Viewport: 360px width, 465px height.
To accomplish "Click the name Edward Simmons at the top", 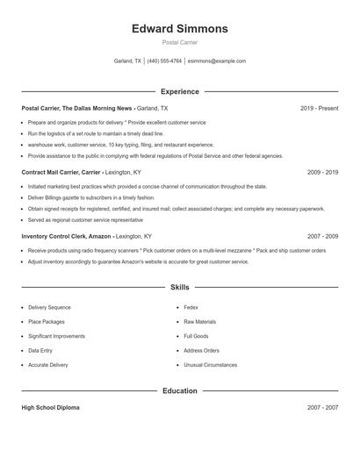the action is click(x=179, y=29).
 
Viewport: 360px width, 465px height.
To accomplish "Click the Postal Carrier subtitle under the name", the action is click(x=179, y=44).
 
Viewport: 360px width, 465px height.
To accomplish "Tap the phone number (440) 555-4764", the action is click(x=164, y=61).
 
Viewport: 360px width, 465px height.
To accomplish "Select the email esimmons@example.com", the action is click(x=217, y=61).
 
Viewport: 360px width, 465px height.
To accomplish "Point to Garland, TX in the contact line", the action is click(x=127, y=61).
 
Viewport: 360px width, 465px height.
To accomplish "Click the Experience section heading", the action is click(x=179, y=91).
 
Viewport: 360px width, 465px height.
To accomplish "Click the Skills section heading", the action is click(x=179, y=287).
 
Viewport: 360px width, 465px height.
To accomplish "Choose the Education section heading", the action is click(x=179, y=390).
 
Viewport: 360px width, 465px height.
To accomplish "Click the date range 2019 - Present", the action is click(x=319, y=108).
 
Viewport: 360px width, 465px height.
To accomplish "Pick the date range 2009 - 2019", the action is click(x=322, y=172).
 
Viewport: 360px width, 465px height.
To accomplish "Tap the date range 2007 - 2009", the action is click(x=322, y=236).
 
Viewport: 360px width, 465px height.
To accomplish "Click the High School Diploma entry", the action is click(x=51, y=408).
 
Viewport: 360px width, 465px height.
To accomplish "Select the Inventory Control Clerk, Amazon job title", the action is click(x=68, y=236).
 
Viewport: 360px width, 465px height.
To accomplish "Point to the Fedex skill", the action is click(x=191, y=308).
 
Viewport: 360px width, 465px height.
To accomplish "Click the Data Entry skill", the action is click(x=41, y=350).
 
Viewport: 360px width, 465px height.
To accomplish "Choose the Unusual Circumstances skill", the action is click(x=210, y=364).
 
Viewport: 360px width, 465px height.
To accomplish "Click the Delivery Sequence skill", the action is click(x=49, y=308).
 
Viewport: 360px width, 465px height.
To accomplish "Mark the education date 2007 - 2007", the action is click(x=322, y=408).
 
